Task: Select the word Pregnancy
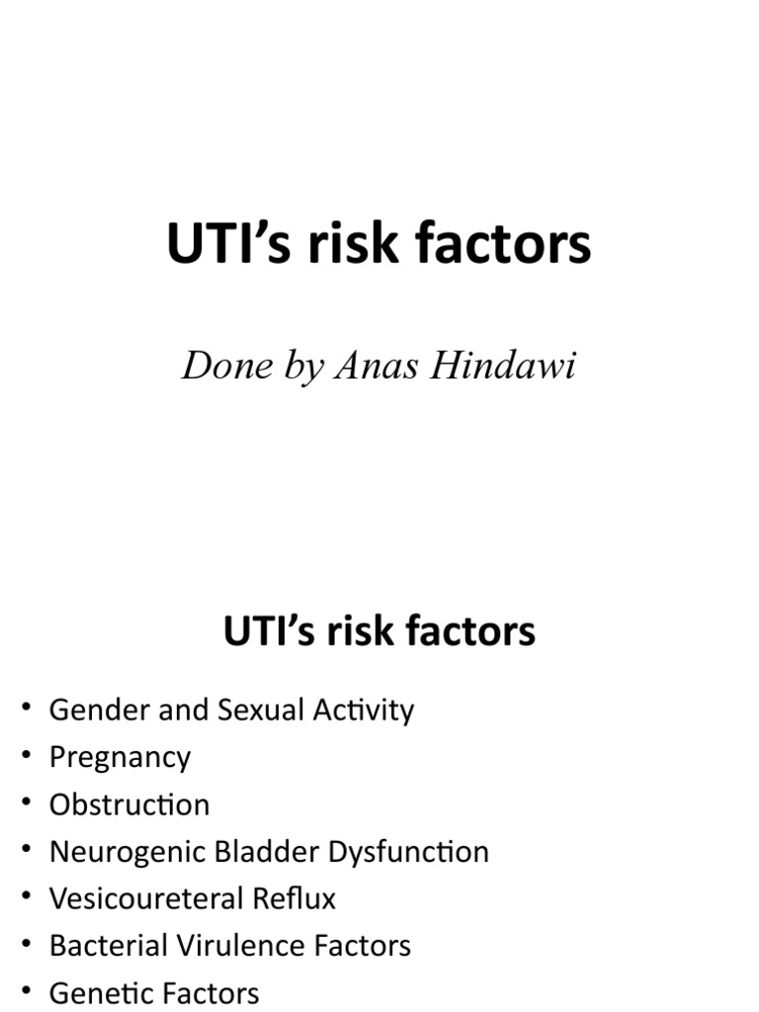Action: (x=120, y=758)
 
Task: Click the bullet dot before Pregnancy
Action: (x=27, y=756)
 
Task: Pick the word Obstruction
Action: (x=129, y=804)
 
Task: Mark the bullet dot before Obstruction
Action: (x=27, y=803)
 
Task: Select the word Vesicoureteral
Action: (x=135, y=898)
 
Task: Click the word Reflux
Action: (x=297, y=898)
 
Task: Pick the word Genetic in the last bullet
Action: (x=97, y=992)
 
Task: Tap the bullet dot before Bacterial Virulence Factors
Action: (x=27, y=945)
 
